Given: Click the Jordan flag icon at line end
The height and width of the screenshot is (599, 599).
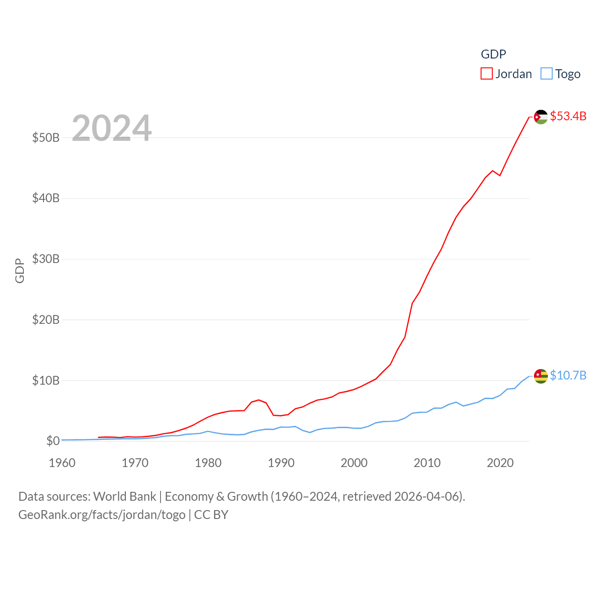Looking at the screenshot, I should click(x=541, y=117).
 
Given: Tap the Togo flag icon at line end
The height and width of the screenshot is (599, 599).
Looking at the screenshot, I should click(x=541, y=376).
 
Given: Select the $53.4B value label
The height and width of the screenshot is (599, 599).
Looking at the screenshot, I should click(x=568, y=116).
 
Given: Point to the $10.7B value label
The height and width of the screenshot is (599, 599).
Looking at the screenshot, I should click(x=568, y=375).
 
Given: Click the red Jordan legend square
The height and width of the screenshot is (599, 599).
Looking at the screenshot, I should click(x=487, y=74).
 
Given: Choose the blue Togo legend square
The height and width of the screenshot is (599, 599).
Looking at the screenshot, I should click(x=546, y=74).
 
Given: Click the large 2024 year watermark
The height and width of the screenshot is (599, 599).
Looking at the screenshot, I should click(x=112, y=128).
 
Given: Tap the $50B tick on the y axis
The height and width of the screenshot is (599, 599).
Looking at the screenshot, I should click(x=46, y=138).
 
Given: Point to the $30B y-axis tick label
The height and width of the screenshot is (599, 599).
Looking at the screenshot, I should click(x=46, y=259).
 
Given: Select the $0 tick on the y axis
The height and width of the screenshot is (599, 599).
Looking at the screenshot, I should click(x=53, y=441).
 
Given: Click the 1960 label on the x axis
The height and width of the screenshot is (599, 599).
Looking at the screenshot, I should click(x=62, y=463).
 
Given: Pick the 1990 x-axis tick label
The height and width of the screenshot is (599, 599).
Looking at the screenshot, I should click(x=281, y=463).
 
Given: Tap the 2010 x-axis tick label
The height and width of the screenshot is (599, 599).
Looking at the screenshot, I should click(x=427, y=463).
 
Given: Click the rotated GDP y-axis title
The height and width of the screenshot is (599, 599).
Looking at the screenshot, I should click(x=20, y=270).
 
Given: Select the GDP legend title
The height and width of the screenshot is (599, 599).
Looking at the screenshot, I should click(x=493, y=54).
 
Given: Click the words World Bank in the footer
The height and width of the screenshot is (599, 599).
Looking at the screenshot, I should click(x=124, y=496).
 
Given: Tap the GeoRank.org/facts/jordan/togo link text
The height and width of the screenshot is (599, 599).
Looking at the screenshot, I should click(x=102, y=515).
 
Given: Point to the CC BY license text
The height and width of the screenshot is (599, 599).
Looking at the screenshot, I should click(x=211, y=515).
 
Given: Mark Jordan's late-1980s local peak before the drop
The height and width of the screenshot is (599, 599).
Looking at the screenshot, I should click(x=259, y=400).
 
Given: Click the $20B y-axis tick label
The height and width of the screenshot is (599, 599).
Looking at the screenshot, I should click(x=46, y=320).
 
